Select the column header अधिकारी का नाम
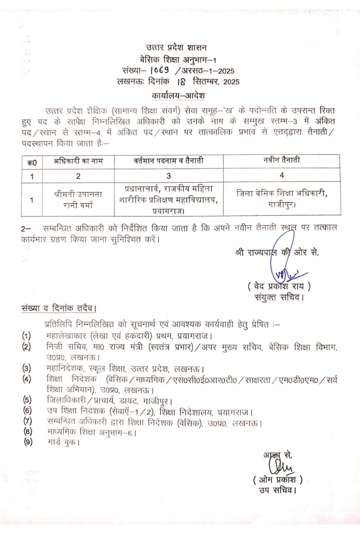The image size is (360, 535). [x=78, y=161]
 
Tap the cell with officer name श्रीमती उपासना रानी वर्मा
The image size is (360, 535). [x=78, y=199]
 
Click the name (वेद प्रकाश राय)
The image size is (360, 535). [x=279, y=287]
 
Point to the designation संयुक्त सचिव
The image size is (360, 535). [x=279, y=298]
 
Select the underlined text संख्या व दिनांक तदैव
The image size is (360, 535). [x=58, y=308]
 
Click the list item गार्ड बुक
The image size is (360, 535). [x=63, y=441]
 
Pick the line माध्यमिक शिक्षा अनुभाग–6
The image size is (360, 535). [x=92, y=432]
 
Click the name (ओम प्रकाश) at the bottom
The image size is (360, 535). [x=277, y=479]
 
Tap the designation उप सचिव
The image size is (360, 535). [x=277, y=490]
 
